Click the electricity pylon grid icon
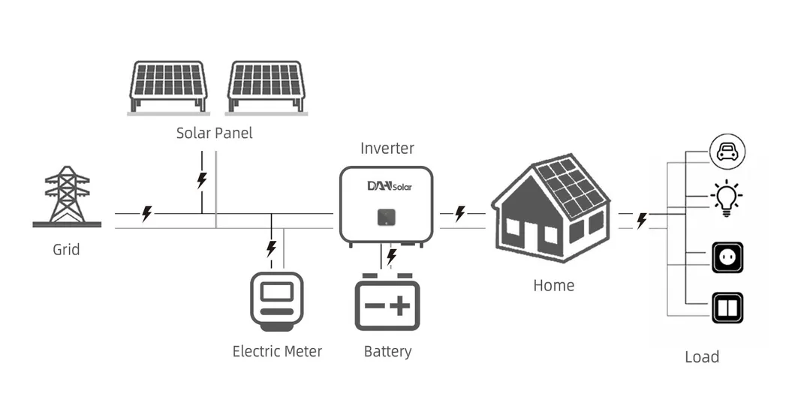pyautogui.click(x=67, y=196)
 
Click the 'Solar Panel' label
pyautogui.click(x=214, y=134)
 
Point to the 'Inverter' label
pyautogui.click(x=387, y=148)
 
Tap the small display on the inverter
pyautogui.click(x=386, y=218)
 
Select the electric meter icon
pyautogui.click(x=277, y=301)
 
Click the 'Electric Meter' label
pyautogui.click(x=277, y=351)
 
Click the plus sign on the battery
pyautogui.click(x=402, y=305)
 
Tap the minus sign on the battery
pyautogui.click(x=373, y=306)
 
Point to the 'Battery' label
pyautogui.click(x=387, y=351)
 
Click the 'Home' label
pyautogui.click(x=553, y=285)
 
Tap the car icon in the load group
pyautogui.click(x=727, y=152)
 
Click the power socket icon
pyautogui.click(x=727, y=257)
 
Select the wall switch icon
pyautogui.click(x=727, y=308)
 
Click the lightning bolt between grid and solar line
pyautogui.click(x=147, y=214)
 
